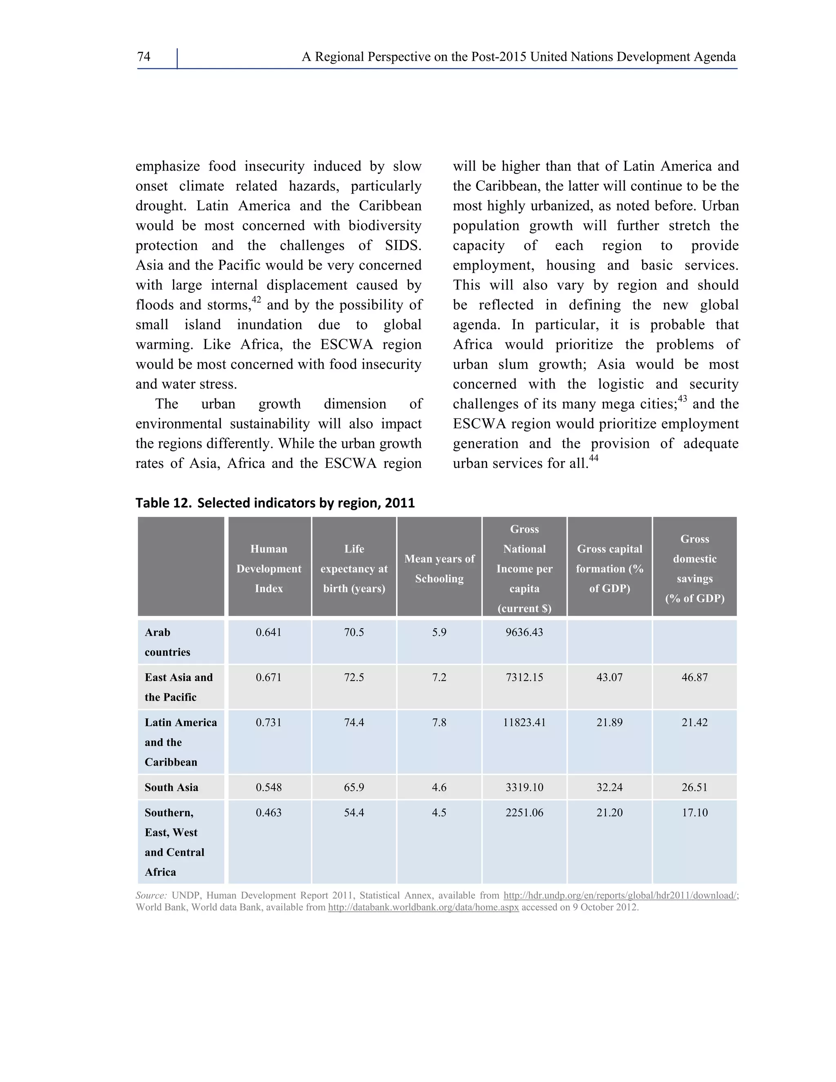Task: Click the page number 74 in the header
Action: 144,57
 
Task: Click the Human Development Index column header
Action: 269,568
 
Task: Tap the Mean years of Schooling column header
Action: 439,568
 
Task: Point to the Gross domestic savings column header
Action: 694,568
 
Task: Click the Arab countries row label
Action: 167,642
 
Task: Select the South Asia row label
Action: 171,787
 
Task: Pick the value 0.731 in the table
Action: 269,722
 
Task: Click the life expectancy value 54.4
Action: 354,813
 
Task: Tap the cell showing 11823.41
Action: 524,722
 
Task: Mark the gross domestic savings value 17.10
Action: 694,813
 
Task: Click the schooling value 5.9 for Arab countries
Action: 439,632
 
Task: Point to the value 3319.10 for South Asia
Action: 524,787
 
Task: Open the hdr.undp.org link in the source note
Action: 620,895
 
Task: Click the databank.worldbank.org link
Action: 423,908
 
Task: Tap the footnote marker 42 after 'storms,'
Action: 256,299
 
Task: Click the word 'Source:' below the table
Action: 151,895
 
